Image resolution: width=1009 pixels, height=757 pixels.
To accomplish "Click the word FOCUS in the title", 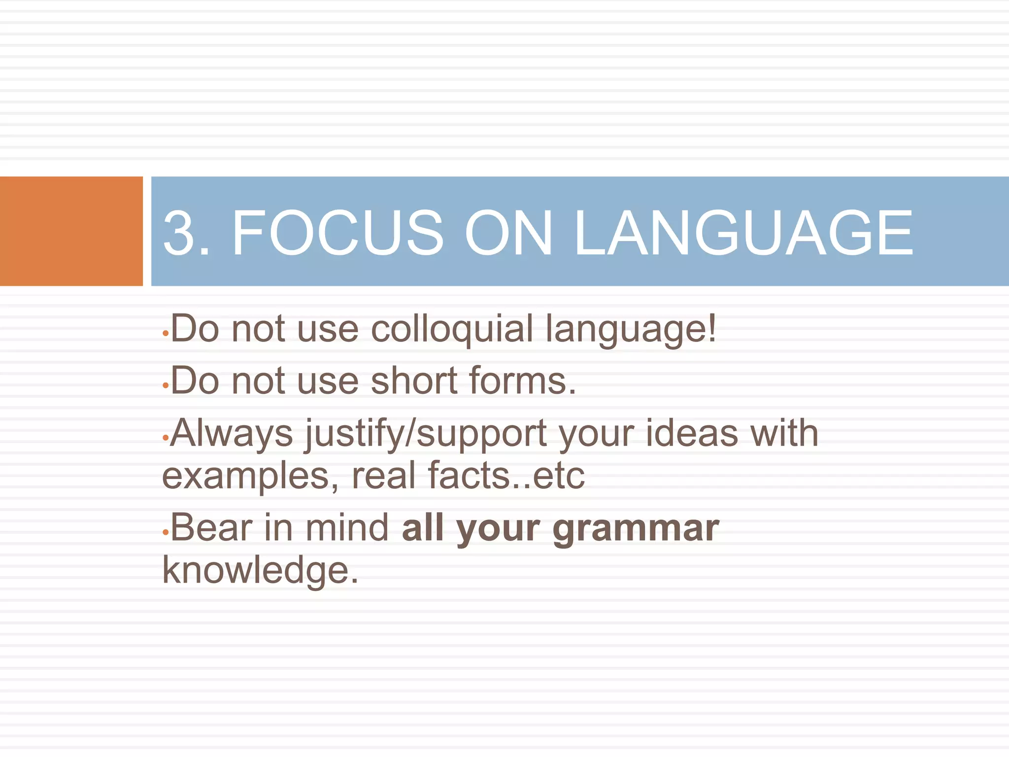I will click(x=337, y=233).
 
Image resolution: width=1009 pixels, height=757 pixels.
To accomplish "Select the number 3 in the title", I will click(x=178, y=233).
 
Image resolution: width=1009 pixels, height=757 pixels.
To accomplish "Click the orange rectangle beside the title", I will click(x=71, y=231).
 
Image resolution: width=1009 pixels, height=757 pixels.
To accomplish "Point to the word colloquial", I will click(x=452, y=329).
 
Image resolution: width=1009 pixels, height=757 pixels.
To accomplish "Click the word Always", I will click(x=232, y=434).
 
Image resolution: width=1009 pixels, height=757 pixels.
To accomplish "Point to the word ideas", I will click(x=692, y=434).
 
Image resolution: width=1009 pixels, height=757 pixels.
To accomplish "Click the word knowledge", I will click(x=260, y=571).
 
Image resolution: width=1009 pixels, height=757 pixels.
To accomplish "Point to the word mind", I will click(x=347, y=528).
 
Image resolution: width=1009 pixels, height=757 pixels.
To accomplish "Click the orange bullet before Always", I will click(x=166, y=437).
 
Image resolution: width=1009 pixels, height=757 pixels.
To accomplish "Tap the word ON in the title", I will click(x=508, y=233).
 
